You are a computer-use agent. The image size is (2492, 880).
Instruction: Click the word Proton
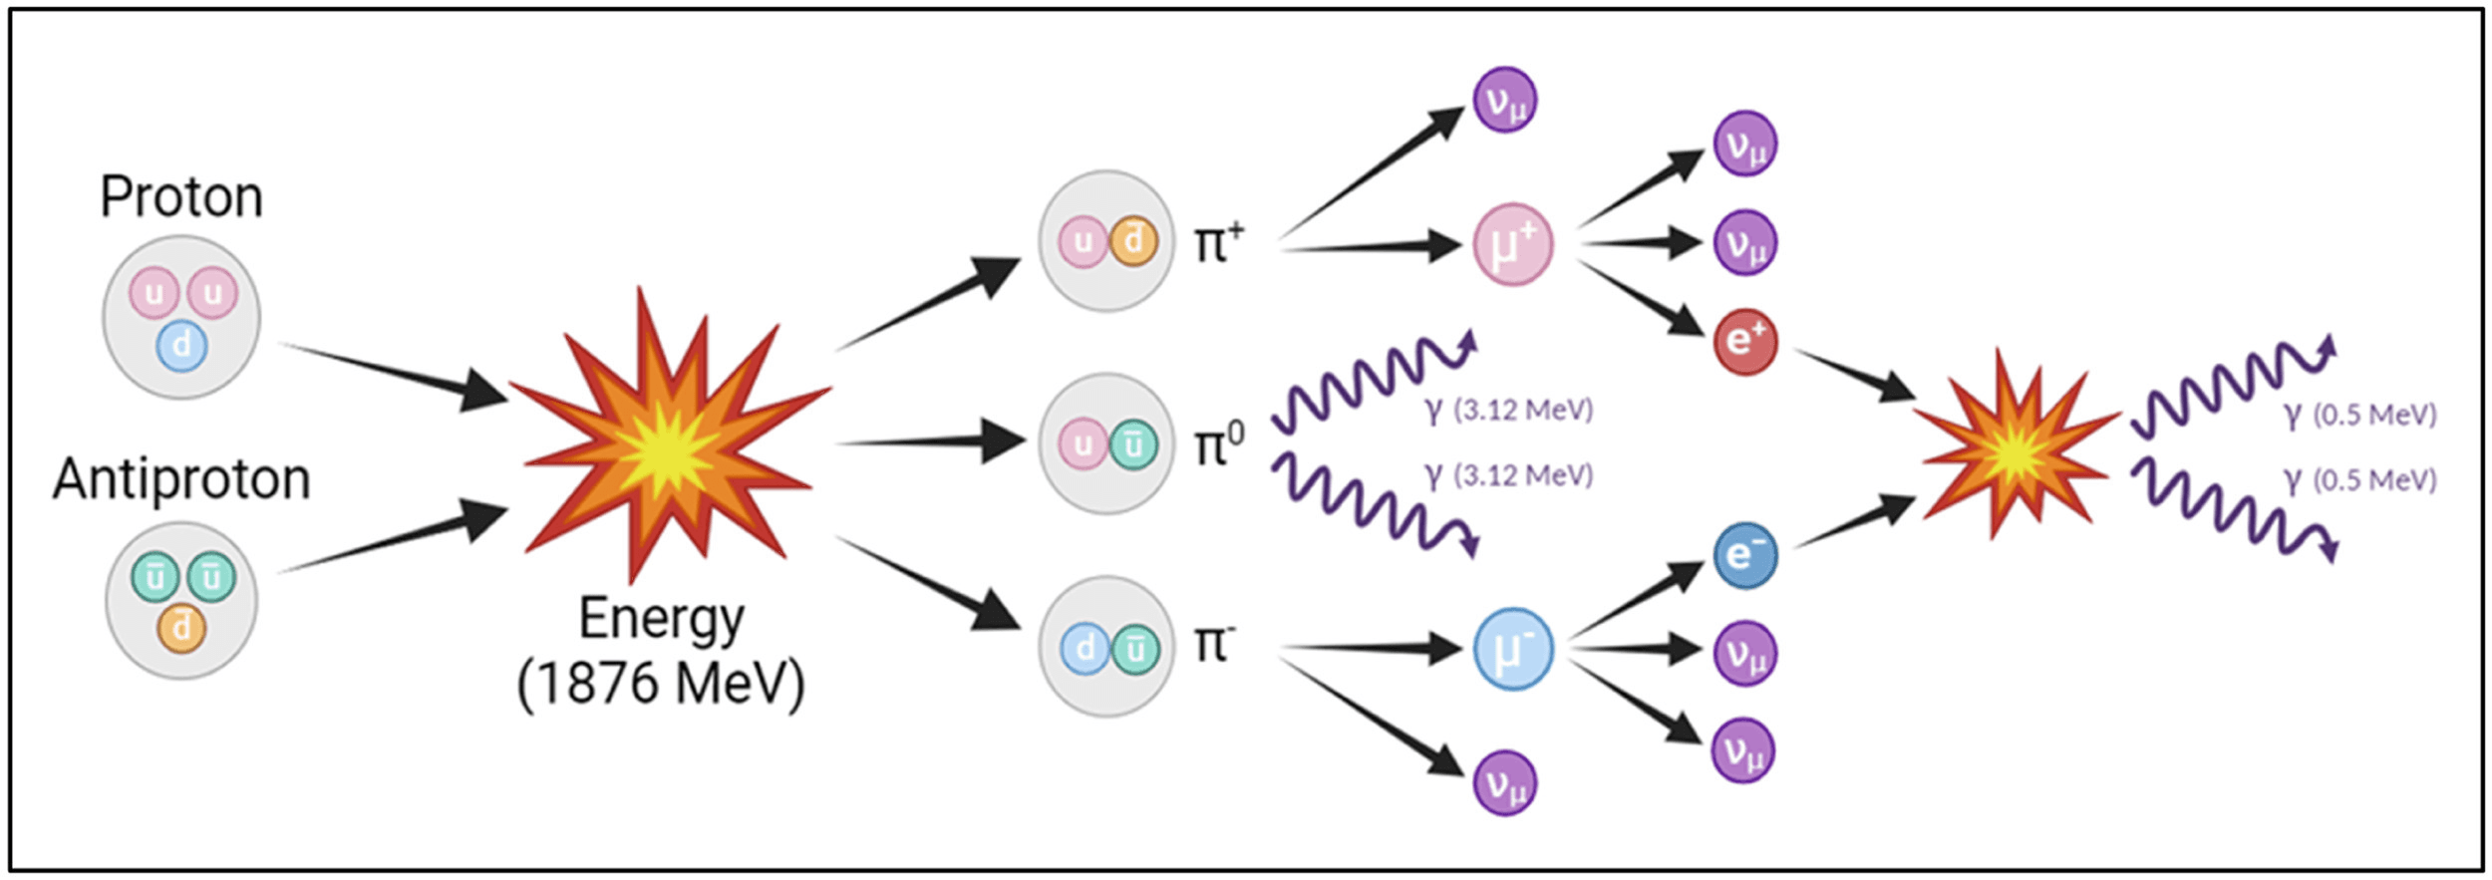[x=181, y=196]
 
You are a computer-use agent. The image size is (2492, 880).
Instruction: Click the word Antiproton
[x=181, y=479]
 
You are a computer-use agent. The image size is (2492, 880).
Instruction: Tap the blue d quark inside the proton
[x=181, y=346]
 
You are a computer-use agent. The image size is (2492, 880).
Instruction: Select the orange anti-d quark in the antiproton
[x=181, y=628]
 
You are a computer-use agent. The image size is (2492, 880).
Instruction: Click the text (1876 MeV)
[x=660, y=684]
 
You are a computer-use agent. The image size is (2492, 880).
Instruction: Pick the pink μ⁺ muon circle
[x=1512, y=245]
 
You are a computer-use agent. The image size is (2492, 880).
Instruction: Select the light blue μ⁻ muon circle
[x=1512, y=650]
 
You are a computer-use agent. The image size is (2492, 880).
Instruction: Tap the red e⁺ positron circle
[x=1745, y=342]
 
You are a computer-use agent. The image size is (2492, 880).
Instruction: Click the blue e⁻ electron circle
[x=1745, y=555]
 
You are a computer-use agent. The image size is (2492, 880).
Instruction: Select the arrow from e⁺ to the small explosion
[x=1854, y=375]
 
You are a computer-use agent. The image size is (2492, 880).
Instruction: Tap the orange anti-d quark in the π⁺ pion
[x=1132, y=241]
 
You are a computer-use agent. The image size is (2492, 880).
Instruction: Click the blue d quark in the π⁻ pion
[x=1085, y=649]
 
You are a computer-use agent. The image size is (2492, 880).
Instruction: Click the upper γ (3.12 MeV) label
[x=1509, y=410]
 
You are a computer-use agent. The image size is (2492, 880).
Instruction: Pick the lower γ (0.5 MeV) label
[x=2359, y=480]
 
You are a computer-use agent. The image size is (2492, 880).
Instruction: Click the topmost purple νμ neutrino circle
[x=1504, y=100]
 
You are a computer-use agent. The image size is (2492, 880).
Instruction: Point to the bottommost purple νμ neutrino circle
[x=1504, y=784]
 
